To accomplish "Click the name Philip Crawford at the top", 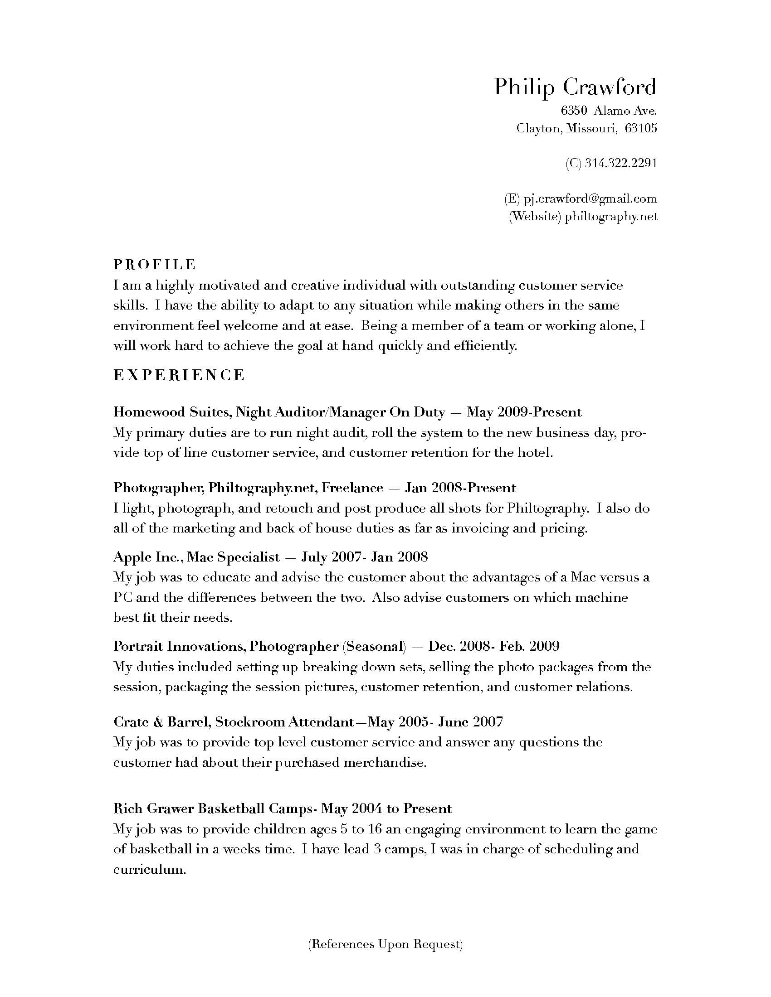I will point(575,87).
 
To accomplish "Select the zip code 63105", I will point(641,128).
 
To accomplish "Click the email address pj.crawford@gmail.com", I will point(590,198).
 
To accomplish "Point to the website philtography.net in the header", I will point(611,216).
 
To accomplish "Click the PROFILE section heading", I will point(155,264).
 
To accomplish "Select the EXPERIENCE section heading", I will point(179,375).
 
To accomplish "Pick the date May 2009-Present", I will point(524,412).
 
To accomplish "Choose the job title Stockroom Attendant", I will point(284,722).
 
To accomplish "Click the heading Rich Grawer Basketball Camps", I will point(212,808).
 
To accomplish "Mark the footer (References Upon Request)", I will point(385,944).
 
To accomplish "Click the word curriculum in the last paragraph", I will point(149,869).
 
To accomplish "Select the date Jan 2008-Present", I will point(460,488).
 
